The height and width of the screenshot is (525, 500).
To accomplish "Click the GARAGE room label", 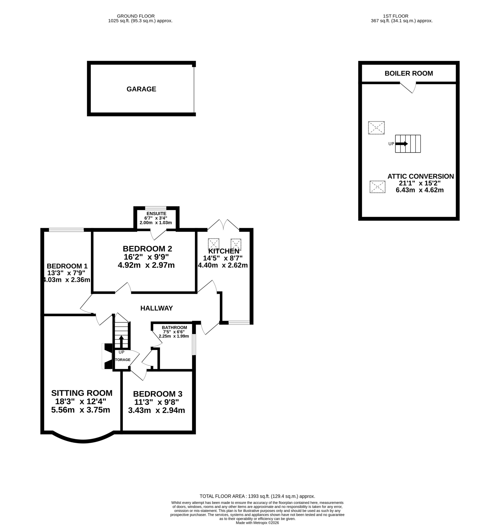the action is point(141,89).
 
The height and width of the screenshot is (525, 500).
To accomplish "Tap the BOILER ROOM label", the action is point(408,73).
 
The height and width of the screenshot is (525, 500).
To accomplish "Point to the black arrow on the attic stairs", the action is point(401,144).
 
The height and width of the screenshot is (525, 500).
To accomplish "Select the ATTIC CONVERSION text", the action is point(421,176).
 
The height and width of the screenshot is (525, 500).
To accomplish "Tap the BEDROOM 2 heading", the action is point(147,249).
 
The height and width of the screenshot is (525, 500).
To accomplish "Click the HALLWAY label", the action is point(157,308).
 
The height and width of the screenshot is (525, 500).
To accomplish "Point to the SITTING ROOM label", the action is point(82,393).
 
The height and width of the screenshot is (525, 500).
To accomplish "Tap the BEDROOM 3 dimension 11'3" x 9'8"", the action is point(157,402).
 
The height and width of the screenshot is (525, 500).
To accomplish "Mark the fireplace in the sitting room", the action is point(107,356).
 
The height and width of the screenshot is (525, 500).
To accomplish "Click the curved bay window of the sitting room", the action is point(83,441).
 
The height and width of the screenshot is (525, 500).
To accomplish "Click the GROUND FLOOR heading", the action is point(136,16).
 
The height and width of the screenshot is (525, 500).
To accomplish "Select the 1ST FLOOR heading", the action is point(396,16).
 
